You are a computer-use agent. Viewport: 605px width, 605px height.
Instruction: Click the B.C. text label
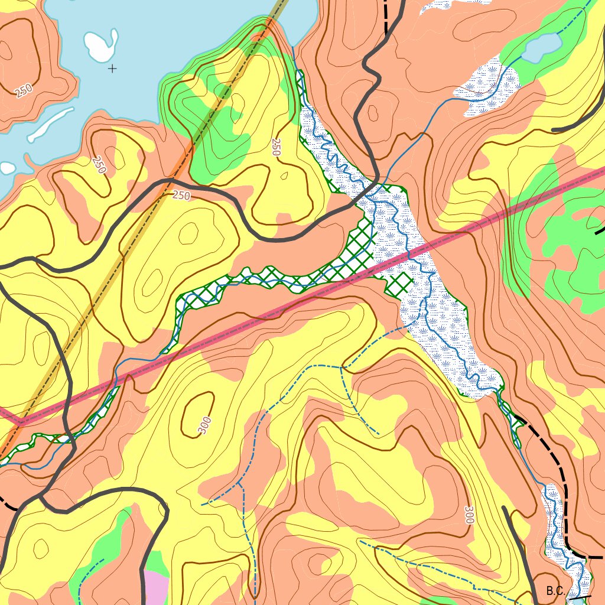click(556, 591)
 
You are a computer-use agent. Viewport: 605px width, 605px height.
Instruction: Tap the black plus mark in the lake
click(112, 69)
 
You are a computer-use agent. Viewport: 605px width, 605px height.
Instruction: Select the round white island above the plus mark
click(101, 45)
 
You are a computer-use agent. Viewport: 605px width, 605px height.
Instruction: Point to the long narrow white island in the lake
click(51, 124)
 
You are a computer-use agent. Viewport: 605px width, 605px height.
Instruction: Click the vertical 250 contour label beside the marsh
click(275, 147)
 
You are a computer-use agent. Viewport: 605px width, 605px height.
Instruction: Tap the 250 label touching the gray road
click(181, 195)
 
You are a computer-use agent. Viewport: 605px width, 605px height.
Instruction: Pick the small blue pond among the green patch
click(541, 47)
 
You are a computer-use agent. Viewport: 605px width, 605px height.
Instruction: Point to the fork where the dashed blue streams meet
click(341, 367)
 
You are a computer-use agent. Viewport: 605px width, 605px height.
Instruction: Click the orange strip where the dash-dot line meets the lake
click(267, 28)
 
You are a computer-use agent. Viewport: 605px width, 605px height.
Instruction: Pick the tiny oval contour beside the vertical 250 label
click(285, 175)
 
